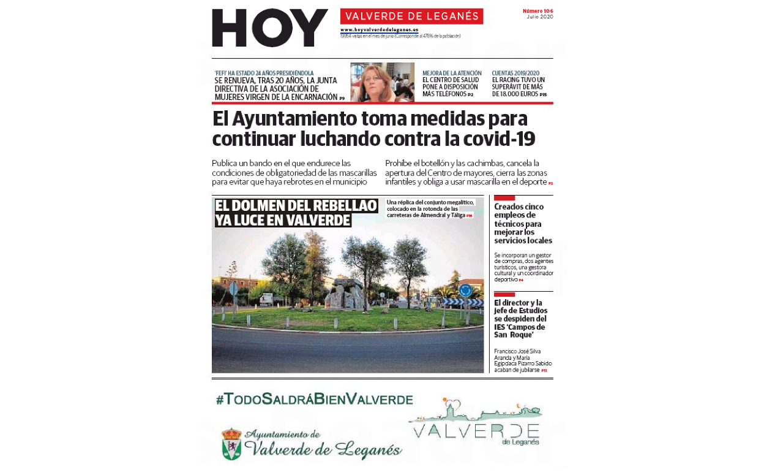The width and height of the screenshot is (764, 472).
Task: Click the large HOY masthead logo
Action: click(270, 28)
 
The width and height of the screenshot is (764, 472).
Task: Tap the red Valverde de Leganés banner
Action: click(411, 17)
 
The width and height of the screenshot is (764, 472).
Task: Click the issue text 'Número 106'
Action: click(537, 11)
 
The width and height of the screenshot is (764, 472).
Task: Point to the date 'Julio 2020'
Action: click(539, 17)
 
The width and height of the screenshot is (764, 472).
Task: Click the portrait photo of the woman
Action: click(382, 82)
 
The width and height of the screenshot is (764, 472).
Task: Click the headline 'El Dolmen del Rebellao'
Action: click(296, 206)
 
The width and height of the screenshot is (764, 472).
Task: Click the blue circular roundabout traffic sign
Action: click(465, 290)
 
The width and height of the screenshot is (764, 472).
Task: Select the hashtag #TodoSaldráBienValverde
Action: click(314, 400)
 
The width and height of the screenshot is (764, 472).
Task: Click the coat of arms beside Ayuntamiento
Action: click(231, 444)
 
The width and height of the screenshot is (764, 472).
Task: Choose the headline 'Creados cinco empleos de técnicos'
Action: click(523, 223)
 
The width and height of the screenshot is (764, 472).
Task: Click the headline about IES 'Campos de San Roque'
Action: click(520, 319)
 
